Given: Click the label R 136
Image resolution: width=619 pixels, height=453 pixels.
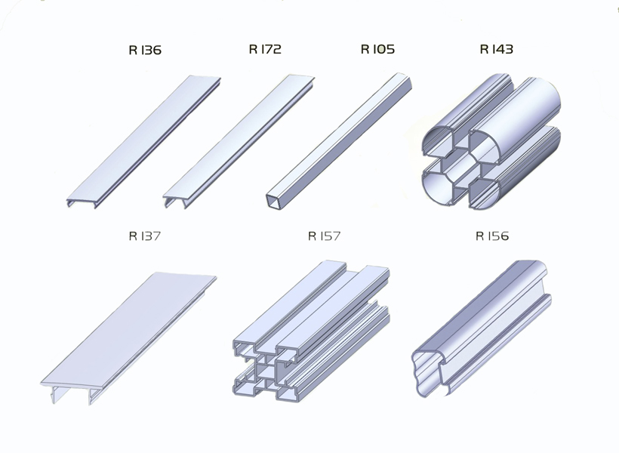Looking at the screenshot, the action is click(x=145, y=50).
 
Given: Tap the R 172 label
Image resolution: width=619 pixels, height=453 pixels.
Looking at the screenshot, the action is click(x=265, y=49).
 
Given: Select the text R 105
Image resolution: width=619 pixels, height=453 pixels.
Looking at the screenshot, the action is click(x=377, y=49).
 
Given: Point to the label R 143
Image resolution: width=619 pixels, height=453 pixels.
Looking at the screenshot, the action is click(x=496, y=49).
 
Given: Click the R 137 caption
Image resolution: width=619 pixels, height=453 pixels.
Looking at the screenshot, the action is click(x=144, y=236).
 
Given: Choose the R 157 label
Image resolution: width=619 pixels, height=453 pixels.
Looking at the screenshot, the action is click(x=324, y=236).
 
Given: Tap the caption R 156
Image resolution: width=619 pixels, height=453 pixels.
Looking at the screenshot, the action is click(x=492, y=236).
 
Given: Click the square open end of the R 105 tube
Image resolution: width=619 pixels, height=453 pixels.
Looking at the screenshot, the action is click(x=273, y=202).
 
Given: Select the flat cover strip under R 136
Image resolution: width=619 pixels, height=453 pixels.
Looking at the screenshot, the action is click(x=143, y=141).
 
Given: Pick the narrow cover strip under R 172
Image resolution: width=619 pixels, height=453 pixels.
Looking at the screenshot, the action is click(x=239, y=141).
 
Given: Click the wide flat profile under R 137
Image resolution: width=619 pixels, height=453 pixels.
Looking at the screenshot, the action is click(x=128, y=337).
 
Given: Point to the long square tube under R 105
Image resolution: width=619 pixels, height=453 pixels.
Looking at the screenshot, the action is click(x=339, y=140).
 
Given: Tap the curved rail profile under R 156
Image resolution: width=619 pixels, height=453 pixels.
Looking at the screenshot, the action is click(x=481, y=328).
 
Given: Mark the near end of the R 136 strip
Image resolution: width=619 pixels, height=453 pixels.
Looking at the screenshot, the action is click(x=82, y=202).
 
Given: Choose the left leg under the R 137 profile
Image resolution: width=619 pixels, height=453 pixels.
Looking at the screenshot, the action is click(x=54, y=395).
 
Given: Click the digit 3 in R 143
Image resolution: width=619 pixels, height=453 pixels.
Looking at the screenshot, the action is click(x=508, y=49).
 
